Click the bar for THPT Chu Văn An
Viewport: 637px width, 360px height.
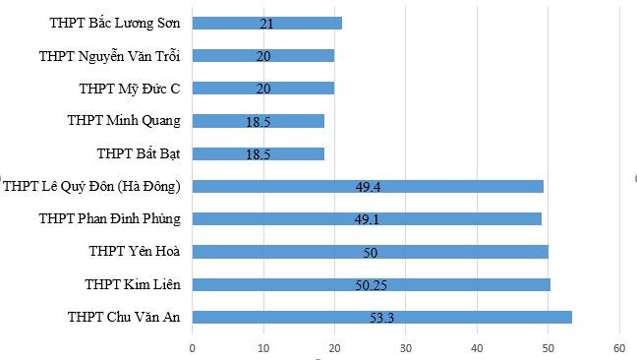point(382,317)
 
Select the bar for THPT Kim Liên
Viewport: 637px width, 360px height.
point(372,284)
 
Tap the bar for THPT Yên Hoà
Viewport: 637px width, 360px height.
point(371,252)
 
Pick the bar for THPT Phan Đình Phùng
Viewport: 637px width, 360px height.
point(367,218)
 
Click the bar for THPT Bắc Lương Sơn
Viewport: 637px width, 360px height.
point(267,23)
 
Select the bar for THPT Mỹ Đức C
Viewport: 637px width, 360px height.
point(263,89)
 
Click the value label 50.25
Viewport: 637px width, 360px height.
point(370,285)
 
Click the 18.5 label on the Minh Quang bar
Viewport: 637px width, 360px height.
point(258,122)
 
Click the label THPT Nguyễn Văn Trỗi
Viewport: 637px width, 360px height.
point(109,55)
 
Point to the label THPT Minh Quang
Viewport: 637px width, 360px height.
point(124,120)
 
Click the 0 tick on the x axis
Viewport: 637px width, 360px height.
point(193,347)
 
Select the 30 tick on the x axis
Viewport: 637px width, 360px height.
point(406,347)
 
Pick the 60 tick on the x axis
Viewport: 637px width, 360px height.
point(619,347)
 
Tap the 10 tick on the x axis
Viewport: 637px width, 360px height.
point(263,347)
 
